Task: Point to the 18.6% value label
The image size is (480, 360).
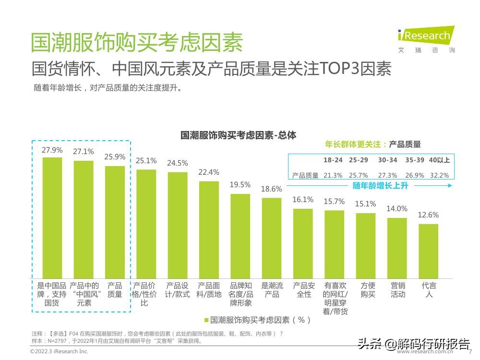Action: point(272,189)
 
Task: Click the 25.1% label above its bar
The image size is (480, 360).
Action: point(146,161)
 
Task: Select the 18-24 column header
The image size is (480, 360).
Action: point(333,160)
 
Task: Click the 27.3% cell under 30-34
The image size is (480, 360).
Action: point(387,175)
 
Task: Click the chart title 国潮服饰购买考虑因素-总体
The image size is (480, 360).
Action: point(238,135)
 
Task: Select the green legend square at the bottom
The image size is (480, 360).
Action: point(206,320)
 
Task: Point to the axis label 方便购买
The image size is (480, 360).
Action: point(368,290)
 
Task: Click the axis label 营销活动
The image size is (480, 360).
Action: point(398,290)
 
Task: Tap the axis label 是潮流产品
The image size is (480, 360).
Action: point(272,290)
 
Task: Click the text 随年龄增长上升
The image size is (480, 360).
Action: point(380,185)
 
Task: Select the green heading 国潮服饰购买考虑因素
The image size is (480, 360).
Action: point(137,42)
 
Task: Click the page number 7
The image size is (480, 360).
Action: point(470,351)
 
